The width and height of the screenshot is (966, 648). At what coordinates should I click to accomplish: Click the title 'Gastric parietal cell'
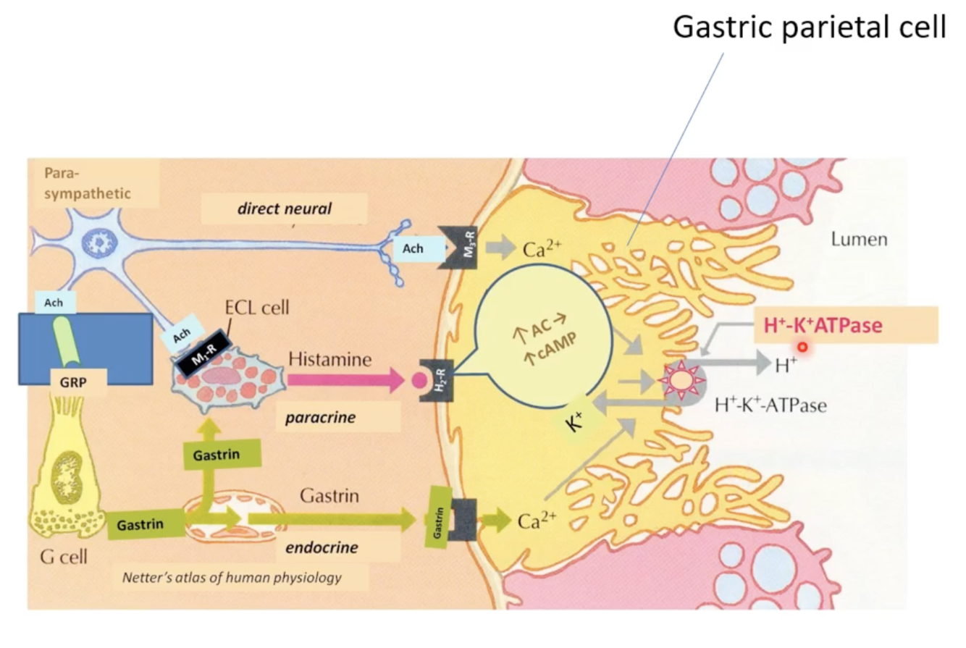coord(810,28)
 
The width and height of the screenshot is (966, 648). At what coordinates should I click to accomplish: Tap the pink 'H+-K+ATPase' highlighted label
coord(823,326)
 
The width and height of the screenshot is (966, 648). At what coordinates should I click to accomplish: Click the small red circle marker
coord(802,348)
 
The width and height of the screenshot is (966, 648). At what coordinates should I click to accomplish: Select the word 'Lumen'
coord(859,240)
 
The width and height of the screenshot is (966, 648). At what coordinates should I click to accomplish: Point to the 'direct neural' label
coord(284,209)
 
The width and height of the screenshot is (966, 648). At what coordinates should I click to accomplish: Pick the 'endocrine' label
coord(322,547)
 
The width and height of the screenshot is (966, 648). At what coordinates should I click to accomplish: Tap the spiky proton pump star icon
coord(681,379)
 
